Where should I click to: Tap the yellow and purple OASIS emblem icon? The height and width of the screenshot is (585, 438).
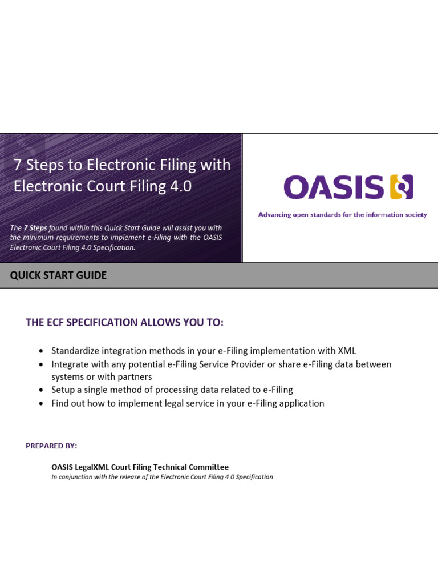(401, 187)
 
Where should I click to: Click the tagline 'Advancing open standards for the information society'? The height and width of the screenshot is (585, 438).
(342, 215)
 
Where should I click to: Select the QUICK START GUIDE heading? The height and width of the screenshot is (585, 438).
(58, 275)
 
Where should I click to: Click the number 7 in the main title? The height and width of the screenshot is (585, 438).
(18, 165)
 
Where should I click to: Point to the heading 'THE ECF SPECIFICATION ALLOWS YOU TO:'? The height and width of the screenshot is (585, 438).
(125, 323)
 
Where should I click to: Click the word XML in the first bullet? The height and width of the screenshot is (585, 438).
(346, 351)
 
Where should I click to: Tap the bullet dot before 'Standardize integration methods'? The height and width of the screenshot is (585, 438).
(40, 351)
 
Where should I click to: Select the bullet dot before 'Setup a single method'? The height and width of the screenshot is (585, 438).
(40, 390)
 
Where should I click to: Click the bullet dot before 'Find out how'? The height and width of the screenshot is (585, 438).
(40, 404)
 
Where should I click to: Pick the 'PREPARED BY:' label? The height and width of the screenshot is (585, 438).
(51, 446)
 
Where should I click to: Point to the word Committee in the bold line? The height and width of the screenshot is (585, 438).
(209, 467)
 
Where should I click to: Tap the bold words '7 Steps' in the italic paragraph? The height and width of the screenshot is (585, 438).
(36, 228)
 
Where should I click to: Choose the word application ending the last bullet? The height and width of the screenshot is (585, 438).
(299, 403)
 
